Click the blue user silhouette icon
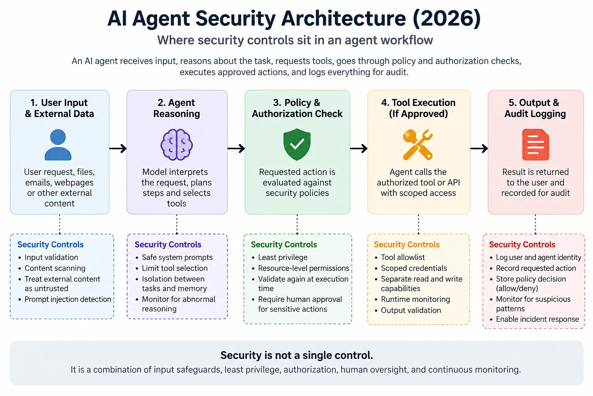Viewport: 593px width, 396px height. (x=58, y=145)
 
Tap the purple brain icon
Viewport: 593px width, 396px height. (x=176, y=145)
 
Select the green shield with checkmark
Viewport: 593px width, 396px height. (x=297, y=145)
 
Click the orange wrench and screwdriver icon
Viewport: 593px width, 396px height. (x=418, y=145)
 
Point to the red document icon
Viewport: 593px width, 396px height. (x=535, y=145)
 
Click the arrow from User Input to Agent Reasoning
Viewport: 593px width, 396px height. (x=118, y=148)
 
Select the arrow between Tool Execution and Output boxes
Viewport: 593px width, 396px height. (x=479, y=148)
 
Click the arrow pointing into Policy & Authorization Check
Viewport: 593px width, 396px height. (x=236, y=148)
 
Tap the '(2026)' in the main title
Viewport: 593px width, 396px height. (x=447, y=19)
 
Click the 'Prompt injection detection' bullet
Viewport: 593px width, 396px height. (x=68, y=299)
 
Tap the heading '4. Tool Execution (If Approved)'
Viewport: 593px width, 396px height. (x=418, y=108)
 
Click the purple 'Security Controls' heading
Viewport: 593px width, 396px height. (x=168, y=244)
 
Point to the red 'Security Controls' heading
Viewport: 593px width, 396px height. (x=522, y=244)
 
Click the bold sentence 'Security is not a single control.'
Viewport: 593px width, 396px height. (x=297, y=355)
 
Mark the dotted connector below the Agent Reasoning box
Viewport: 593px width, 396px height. (x=177, y=224)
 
